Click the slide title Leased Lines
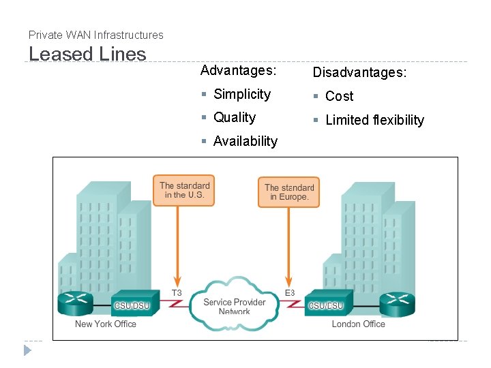(x=87, y=55)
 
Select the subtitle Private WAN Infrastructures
(x=96, y=35)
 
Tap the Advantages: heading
(x=238, y=70)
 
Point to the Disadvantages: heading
(x=359, y=72)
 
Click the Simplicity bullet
(x=241, y=94)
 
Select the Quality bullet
(x=234, y=117)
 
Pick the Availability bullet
(x=245, y=141)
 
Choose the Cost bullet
(x=339, y=96)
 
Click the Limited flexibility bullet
(x=374, y=120)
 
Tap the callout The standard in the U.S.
(x=185, y=190)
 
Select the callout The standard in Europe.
(x=288, y=191)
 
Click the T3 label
(x=176, y=293)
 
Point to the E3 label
(x=290, y=293)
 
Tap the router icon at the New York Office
(x=75, y=303)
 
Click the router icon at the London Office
(x=397, y=303)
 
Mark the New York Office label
(x=106, y=324)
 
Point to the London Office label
(x=358, y=324)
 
